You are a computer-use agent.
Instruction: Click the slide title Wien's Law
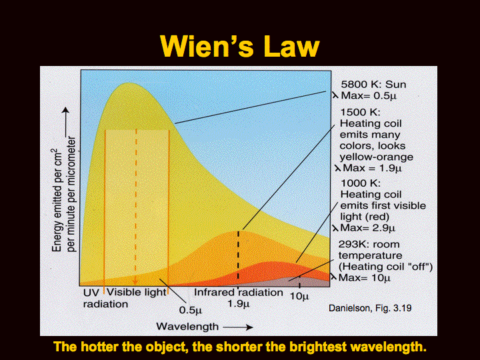tap(240, 46)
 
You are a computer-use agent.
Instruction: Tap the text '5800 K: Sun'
tap(373, 85)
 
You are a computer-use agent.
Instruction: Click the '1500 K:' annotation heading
tap(360, 112)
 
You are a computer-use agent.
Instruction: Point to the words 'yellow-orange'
tap(376, 157)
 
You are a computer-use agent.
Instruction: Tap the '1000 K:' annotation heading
tap(360, 183)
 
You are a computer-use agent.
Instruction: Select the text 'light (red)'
tap(365, 217)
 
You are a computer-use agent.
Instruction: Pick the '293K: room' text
tap(369, 244)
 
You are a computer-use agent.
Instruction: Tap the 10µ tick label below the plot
tap(299, 296)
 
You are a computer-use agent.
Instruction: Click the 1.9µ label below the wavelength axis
tap(238, 304)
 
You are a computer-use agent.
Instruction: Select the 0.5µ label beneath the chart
tap(191, 311)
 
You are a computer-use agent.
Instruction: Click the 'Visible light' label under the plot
tap(136, 293)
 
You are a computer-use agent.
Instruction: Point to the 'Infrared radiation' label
tap(239, 293)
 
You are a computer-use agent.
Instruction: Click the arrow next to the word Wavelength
tap(238, 327)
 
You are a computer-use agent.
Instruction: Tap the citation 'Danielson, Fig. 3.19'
tap(370, 308)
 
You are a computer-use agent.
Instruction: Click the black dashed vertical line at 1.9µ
tap(239, 255)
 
